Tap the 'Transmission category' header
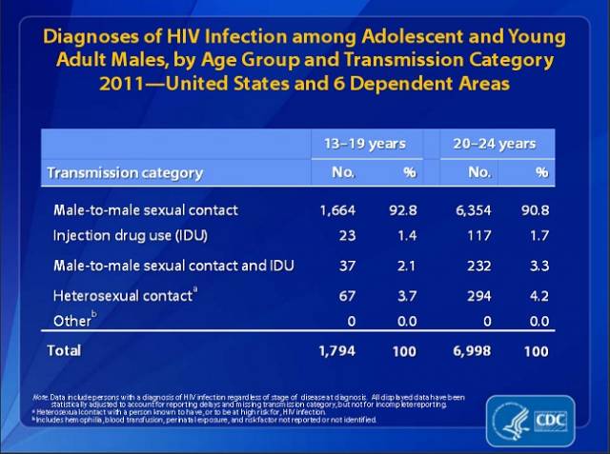[x=126, y=172]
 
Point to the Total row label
[x=65, y=350]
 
